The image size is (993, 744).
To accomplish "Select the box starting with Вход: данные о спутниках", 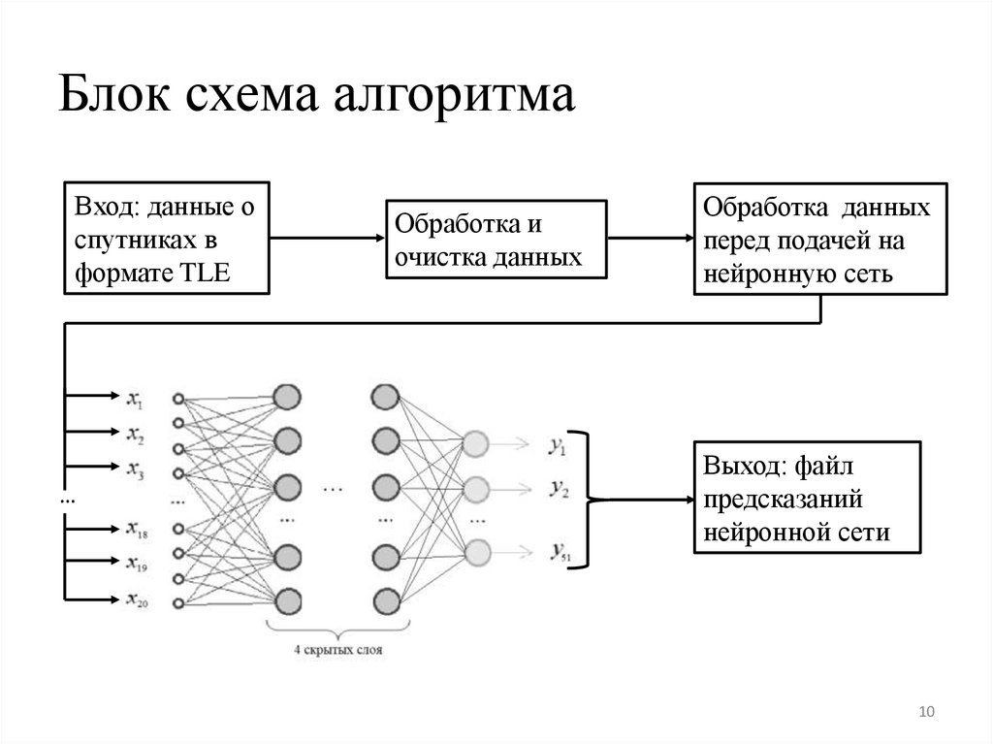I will (166, 237).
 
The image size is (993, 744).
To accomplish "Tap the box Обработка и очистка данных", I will (496, 241).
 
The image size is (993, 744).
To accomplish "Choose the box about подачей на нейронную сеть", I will (819, 238).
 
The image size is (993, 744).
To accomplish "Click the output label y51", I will (559, 553).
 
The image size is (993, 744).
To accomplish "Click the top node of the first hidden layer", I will (287, 397).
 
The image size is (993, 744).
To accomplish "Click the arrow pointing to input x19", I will (92, 561).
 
